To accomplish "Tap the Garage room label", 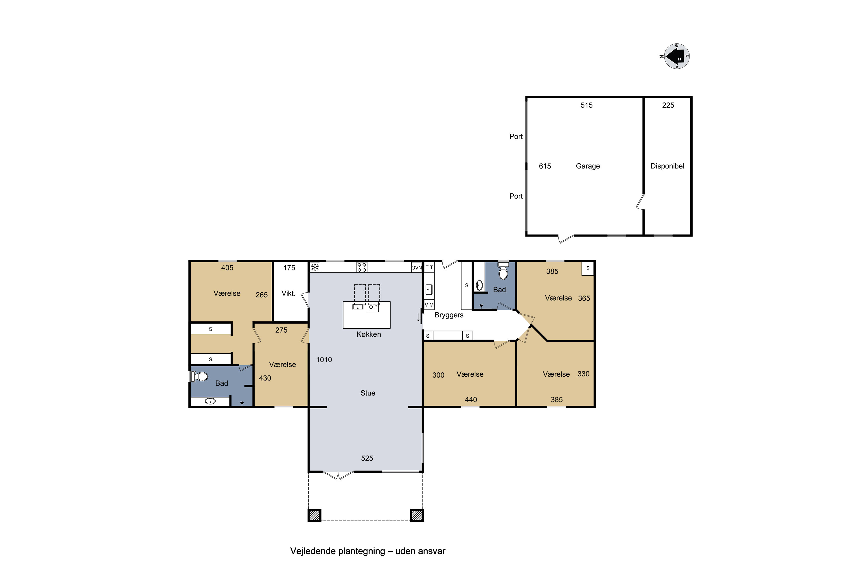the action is point(588,166).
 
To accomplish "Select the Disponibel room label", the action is point(667,166).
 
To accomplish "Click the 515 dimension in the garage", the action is point(586,105).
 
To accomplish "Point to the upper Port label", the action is point(516,137).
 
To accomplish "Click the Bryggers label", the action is point(449,315).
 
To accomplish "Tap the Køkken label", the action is point(369,334).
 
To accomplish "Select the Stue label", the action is point(367,393).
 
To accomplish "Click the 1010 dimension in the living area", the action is point(324,360).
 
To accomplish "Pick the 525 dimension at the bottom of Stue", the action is point(367,458).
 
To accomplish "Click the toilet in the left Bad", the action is point(199,377).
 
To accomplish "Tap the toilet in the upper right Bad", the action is point(503,271).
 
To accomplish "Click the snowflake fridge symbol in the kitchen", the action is point(315,267).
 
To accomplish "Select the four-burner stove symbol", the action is point(362,267).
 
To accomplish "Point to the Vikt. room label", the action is point(288,294).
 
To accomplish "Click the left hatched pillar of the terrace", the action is point(315,515).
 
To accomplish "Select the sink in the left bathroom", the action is point(210,401).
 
